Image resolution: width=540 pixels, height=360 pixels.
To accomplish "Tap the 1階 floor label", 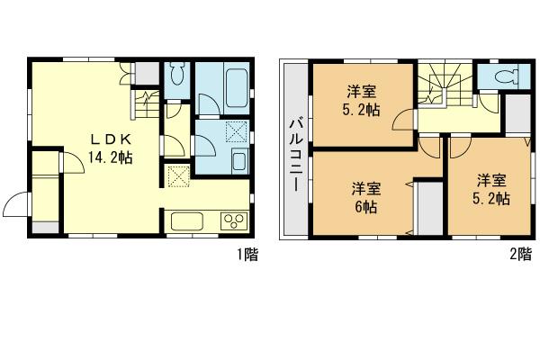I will pos(247,255).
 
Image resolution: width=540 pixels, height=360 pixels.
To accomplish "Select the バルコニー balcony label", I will pos(293,152).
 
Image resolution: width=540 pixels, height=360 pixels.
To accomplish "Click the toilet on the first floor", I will pos(176,76).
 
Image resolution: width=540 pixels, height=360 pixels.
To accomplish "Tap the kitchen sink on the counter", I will pos(187,220).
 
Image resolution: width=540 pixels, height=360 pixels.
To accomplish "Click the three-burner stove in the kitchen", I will pos(232,220).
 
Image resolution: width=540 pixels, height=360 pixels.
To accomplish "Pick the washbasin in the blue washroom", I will pos(239,161).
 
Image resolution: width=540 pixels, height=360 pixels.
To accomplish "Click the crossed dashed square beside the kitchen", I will pos(176,175).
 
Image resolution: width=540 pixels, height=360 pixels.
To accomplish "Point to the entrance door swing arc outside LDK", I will pos(16,205).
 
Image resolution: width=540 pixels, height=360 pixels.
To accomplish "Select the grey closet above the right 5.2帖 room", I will pos(517,112).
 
